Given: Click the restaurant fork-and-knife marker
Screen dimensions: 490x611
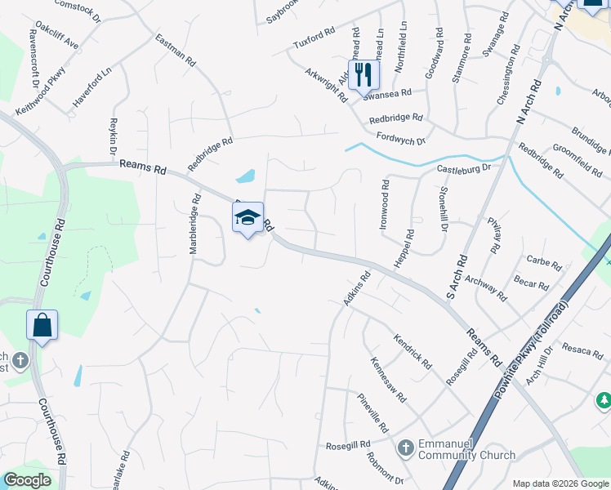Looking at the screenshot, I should click(x=363, y=75).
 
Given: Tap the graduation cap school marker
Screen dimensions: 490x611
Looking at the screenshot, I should click(x=248, y=218).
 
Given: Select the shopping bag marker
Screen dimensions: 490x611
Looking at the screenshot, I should click(x=42, y=325).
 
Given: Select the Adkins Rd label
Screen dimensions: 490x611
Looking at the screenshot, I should click(x=353, y=290).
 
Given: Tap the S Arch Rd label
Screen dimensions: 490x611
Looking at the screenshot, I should click(x=457, y=275).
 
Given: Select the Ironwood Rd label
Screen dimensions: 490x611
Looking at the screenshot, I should click(x=384, y=207).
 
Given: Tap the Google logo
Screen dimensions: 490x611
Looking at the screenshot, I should click(x=27, y=480).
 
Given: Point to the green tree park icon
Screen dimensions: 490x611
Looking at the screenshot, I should click(x=603, y=400).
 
